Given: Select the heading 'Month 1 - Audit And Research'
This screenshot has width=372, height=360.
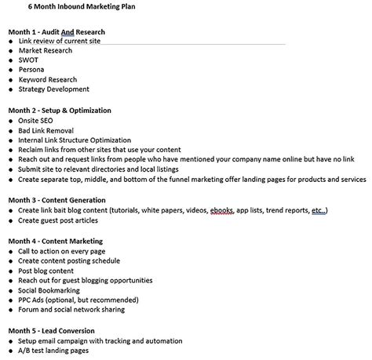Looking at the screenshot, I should pyautogui.click(x=56, y=32).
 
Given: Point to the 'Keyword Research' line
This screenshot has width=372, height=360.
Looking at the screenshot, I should pyautogui.click(x=49, y=80).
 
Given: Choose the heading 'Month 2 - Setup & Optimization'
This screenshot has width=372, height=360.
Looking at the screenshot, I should pyautogui.click(x=60, y=111).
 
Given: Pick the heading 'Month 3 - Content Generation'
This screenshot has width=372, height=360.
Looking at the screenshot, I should pyautogui.click(x=57, y=200).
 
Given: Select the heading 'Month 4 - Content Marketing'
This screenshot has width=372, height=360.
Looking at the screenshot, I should pyautogui.click(x=55, y=240).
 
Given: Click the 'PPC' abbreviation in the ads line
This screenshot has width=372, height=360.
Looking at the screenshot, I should pyautogui.click(x=26, y=300).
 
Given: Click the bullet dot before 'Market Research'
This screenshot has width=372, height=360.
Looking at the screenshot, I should pyautogui.click(x=10, y=51).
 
